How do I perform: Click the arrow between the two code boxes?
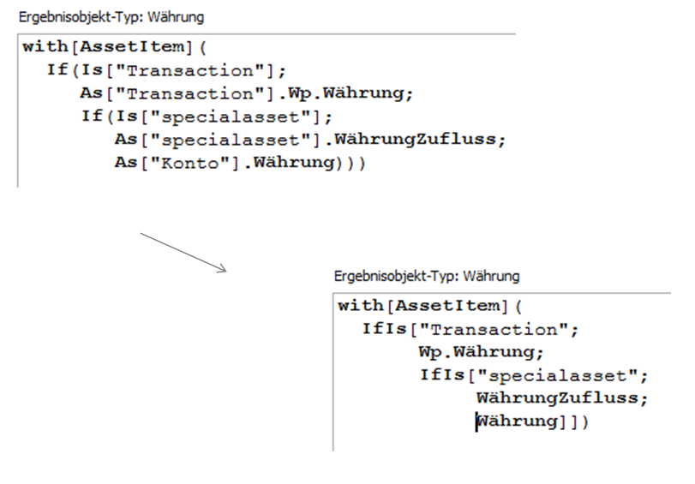(x=182, y=252)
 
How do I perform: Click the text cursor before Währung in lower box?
(x=476, y=421)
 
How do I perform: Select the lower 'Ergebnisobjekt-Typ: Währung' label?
(x=426, y=277)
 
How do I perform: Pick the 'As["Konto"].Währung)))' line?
(x=240, y=163)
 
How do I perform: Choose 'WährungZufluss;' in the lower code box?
(x=562, y=398)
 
